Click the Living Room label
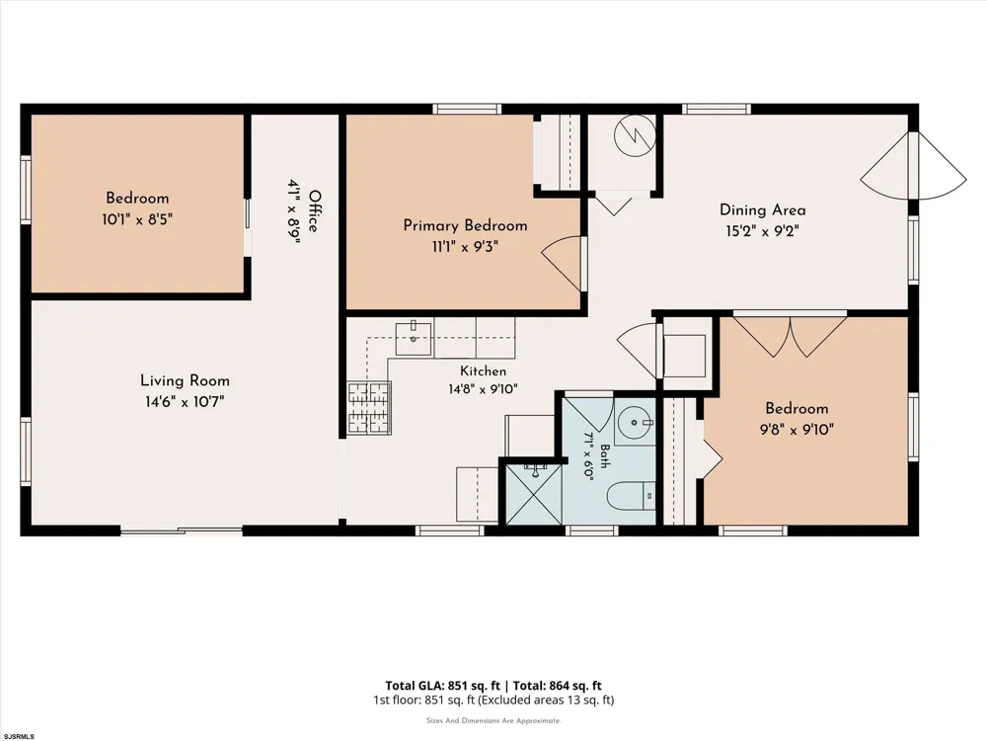click(185, 380)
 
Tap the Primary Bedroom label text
click(465, 225)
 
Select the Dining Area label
click(762, 209)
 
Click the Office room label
click(314, 211)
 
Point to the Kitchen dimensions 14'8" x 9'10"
click(483, 388)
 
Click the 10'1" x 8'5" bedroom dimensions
click(137, 219)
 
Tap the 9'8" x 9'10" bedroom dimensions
click(797, 430)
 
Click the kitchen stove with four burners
click(369, 408)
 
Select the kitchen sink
click(414, 338)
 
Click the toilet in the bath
click(632, 496)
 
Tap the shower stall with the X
click(534, 493)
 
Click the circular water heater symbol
click(635, 134)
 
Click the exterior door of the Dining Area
click(913, 166)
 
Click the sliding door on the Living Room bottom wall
click(182, 531)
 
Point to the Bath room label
click(604, 456)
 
